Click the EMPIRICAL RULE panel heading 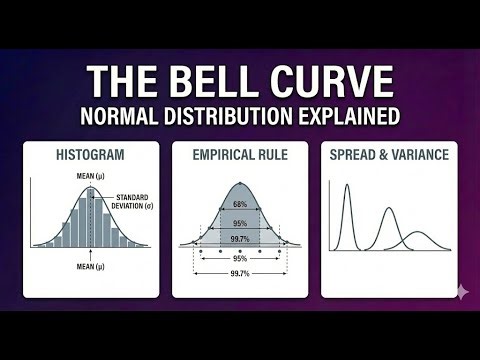click(239, 156)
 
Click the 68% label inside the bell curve click(239, 205)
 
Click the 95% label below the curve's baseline click(239, 257)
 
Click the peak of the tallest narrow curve click(349, 185)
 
